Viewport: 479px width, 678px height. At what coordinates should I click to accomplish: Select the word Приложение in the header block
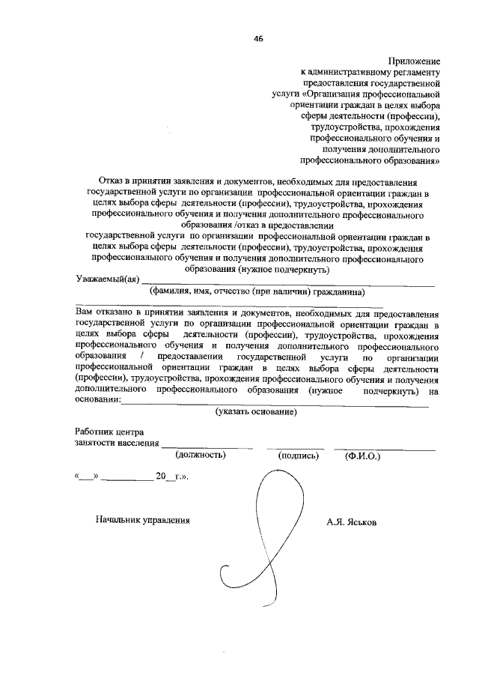tap(413, 60)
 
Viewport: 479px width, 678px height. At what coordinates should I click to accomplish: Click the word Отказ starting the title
tap(112, 181)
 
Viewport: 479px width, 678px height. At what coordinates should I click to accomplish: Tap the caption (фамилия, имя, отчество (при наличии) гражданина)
tap(256, 292)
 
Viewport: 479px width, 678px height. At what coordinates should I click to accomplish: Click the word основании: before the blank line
tap(97, 402)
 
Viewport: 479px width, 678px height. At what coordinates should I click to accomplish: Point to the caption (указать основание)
tap(256, 412)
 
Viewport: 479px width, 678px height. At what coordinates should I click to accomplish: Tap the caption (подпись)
tap(298, 455)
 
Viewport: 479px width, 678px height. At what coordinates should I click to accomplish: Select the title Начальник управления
tap(143, 520)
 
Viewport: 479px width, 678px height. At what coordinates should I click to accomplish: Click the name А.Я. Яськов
tap(352, 521)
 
